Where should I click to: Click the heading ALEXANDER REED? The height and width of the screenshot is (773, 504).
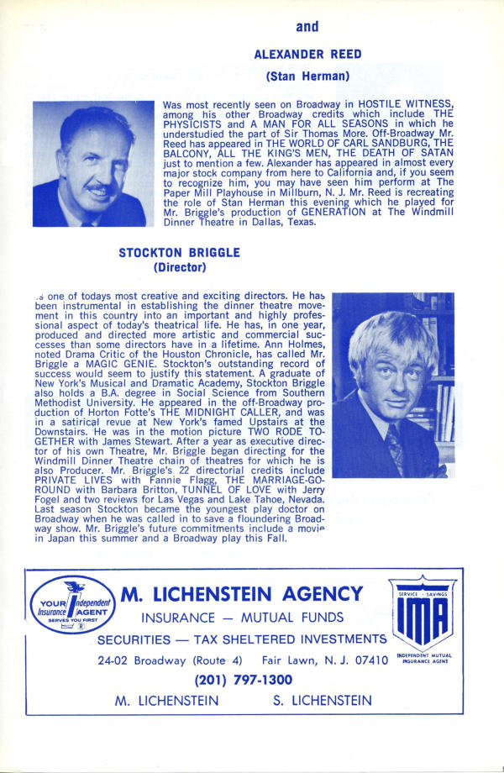point(307,55)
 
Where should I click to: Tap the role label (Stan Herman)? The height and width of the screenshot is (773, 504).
point(307,76)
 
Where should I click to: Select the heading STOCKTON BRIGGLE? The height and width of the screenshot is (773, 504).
point(179,252)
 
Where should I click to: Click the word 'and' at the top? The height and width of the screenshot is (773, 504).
point(307,27)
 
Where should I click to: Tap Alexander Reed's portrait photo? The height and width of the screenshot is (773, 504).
point(89,164)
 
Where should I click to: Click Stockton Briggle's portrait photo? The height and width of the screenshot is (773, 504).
point(393,385)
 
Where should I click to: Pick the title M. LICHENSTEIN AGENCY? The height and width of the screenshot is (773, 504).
point(243,594)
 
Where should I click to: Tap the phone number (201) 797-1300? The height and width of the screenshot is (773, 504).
point(244,680)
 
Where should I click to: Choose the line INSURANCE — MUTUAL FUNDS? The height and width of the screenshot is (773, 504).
point(243,618)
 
